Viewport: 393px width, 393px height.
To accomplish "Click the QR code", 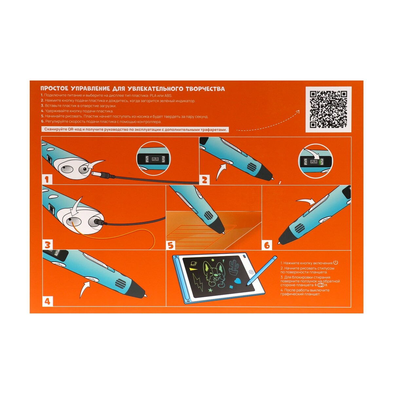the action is [328, 109].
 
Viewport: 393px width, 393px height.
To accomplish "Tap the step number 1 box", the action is [47, 179].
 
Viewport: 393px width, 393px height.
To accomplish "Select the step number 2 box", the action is [204, 179].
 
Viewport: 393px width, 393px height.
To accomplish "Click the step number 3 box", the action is [47, 244].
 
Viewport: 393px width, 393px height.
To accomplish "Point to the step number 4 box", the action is [47, 301].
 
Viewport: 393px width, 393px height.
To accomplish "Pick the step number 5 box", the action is [171, 245].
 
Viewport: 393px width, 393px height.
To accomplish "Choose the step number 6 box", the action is [267, 245].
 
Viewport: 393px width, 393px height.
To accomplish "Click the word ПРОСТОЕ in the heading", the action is [54, 89].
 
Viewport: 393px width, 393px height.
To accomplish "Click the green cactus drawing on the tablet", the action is [234, 267].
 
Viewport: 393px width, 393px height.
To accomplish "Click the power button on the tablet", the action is [251, 272].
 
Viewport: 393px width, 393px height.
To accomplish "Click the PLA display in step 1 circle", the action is [155, 159].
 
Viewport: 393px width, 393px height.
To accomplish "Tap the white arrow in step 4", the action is [84, 290].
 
